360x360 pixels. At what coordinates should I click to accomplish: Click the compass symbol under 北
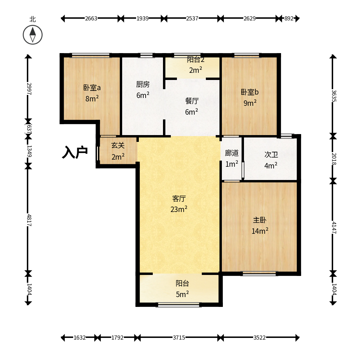click(33, 35)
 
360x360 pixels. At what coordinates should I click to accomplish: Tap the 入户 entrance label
click(75, 152)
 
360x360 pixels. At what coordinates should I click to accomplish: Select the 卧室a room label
click(92, 88)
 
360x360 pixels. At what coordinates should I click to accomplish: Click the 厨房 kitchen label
click(143, 84)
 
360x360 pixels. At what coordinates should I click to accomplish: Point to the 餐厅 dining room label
click(192, 101)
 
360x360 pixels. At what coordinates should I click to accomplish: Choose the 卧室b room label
click(249, 92)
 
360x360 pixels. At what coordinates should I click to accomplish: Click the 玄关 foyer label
click(118, 145)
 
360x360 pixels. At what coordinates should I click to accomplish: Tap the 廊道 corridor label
click(232, 153)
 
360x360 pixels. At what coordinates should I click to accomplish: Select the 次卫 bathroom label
click(271, 154)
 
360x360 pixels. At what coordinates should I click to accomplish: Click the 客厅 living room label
click(179, 199)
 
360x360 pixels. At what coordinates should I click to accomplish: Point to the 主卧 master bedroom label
click(260, 220)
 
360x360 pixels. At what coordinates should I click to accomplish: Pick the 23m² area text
click(179, 209)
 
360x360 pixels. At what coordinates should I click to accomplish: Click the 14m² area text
click(260, 231)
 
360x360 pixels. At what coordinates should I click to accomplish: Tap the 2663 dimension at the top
click(91, 18)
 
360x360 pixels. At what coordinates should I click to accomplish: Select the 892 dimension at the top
click(289, 18)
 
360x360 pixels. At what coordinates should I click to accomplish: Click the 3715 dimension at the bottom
click(179, 338)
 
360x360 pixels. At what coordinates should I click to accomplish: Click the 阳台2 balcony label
click(196, 60)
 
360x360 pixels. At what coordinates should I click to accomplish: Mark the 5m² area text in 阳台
click(182, 294)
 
